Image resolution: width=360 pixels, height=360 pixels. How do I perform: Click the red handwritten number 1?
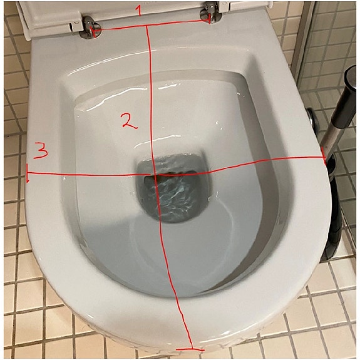(138, 11)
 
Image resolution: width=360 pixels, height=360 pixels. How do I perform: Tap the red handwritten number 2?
(129, 121)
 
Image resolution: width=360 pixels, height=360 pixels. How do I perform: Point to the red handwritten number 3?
(41, 150)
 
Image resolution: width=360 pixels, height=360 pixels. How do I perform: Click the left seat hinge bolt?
(90, 28)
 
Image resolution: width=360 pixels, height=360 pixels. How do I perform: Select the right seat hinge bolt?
(211, 13)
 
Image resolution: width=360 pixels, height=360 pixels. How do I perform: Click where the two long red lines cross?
(154, 175)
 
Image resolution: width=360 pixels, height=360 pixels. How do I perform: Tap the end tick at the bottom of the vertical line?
(190, 349)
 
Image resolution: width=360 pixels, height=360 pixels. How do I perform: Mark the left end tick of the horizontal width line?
(28, 173)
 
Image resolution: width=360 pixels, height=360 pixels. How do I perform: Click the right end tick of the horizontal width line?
(324, 156)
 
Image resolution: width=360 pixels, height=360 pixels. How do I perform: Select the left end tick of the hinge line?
(93, 31)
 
